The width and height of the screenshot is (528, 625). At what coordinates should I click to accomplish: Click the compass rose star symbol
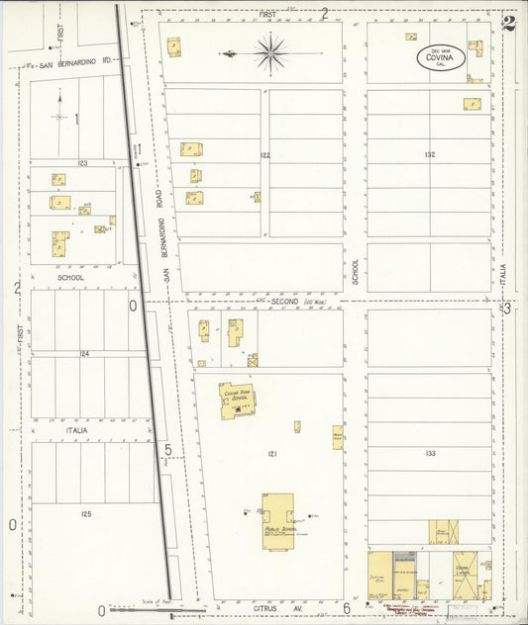(x=269, y=52)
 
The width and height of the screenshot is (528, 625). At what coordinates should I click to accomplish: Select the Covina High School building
(x=238, y=401)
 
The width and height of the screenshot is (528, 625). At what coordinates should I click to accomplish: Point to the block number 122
(x=265, y=155)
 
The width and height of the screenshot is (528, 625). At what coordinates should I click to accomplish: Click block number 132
(x=428, y=155)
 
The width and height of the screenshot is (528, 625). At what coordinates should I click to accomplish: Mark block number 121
(x=269, y=454)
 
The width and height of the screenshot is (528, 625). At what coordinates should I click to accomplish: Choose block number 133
(x=428, y=454)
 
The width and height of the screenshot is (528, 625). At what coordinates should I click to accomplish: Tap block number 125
(x=85, y=514)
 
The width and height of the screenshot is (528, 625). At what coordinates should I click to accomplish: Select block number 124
(x=85, y=353)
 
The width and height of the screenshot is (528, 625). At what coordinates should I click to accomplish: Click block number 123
(x=83, y=162)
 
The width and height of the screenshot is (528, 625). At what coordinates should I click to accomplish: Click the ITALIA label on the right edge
(x=503, y=269)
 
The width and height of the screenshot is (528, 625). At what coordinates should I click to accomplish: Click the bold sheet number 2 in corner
(x=508, y=24)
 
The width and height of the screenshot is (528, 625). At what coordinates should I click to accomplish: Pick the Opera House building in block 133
(x=444, y=531)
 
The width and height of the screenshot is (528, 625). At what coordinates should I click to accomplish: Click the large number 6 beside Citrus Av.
(x=347, y=607)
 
